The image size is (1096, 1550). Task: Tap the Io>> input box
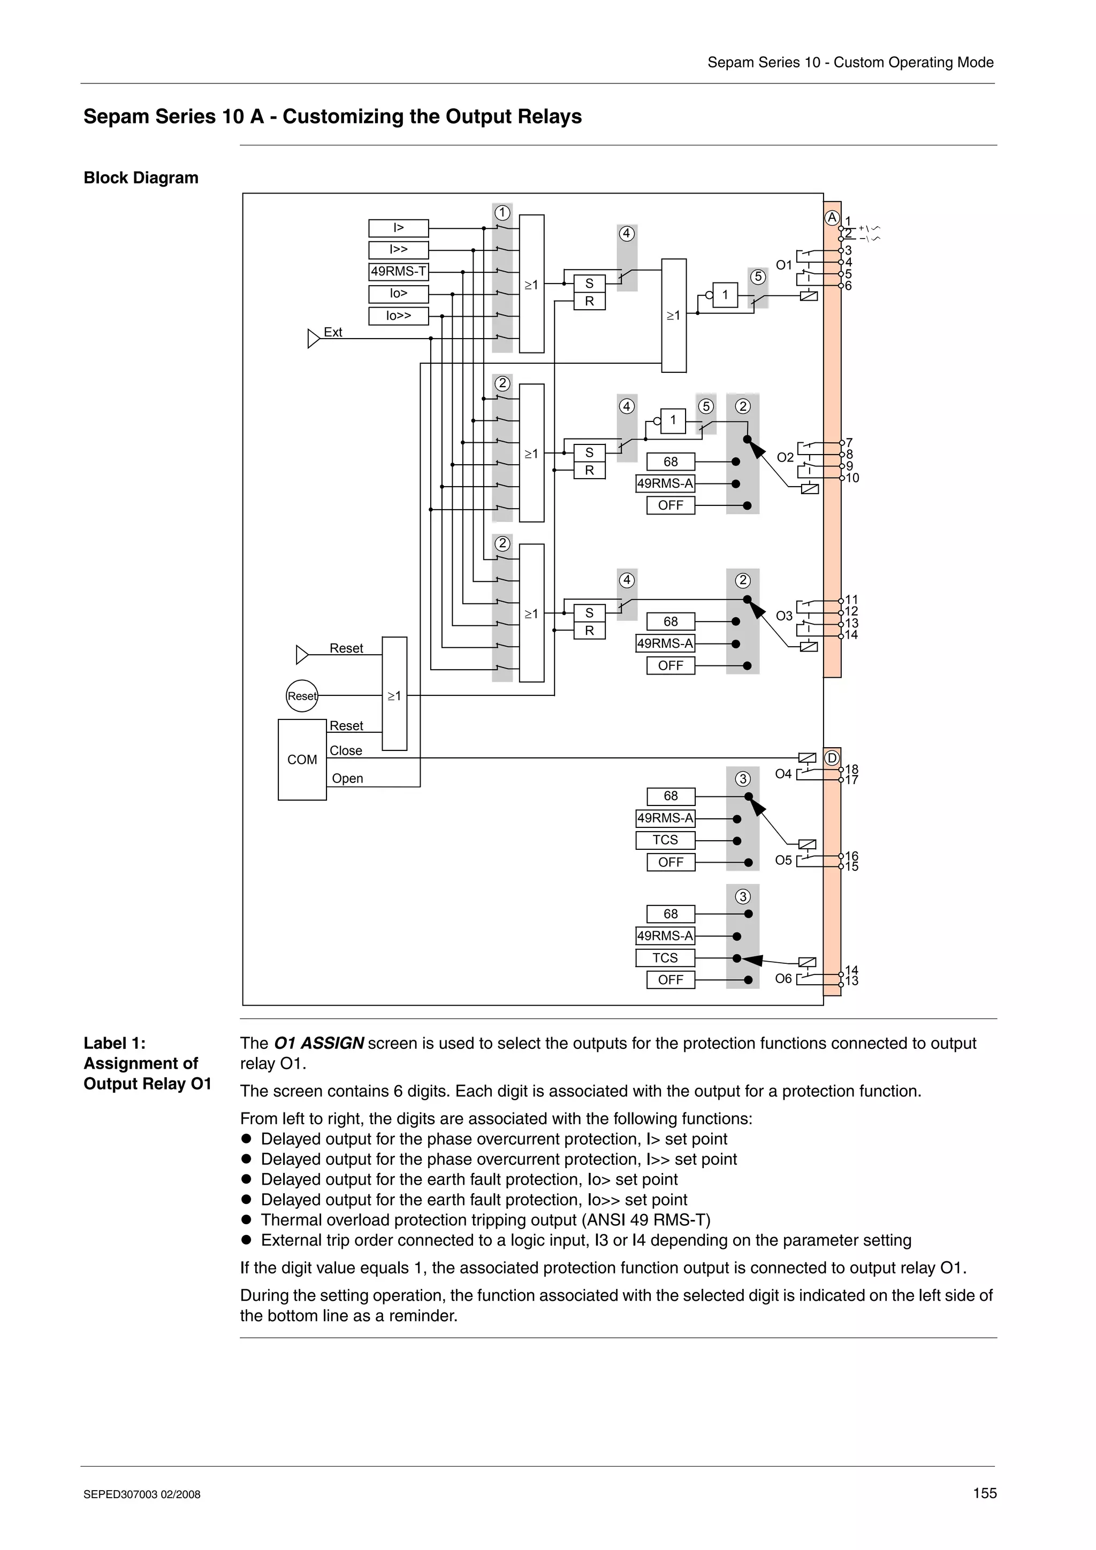point(398,316)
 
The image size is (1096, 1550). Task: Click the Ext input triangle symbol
point(314,338)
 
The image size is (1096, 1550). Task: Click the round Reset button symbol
point(302,696)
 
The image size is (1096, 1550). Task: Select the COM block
point(302,759)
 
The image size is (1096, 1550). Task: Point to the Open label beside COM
point(347,778)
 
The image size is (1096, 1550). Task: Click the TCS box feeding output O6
point(665,958)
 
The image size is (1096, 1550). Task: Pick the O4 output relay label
point(782,773)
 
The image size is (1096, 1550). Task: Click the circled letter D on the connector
point(832,758)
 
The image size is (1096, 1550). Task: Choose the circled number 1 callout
point(502,213)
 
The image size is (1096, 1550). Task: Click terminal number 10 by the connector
point(852,479)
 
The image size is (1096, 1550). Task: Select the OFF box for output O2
point(670,505)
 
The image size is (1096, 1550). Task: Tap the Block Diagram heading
point(140,178)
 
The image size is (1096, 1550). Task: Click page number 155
point(984,1493)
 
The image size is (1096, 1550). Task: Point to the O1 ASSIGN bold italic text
point(319,1043)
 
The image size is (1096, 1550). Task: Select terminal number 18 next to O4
point(851,770)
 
